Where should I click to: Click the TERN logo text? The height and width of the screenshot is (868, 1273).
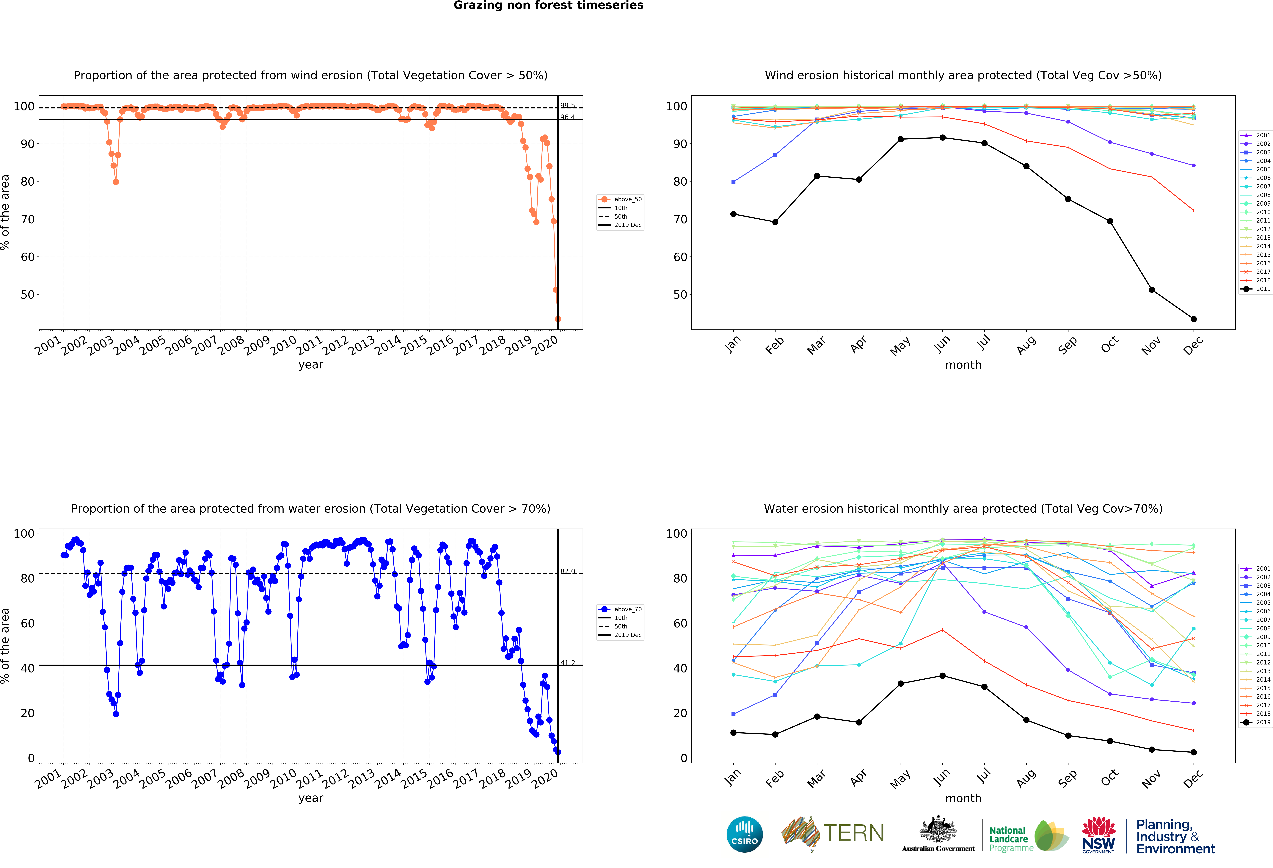click(853, 833)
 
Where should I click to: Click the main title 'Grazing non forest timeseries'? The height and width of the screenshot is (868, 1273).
click(548, 5)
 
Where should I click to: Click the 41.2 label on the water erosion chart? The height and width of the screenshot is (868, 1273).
click(567, 663)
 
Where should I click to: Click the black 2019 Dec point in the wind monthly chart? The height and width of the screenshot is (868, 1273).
click(1194, 319)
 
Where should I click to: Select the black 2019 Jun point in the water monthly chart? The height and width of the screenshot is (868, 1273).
click(943, 676)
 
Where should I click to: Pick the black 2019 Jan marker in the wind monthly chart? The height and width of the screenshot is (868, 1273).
click(733, 214)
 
